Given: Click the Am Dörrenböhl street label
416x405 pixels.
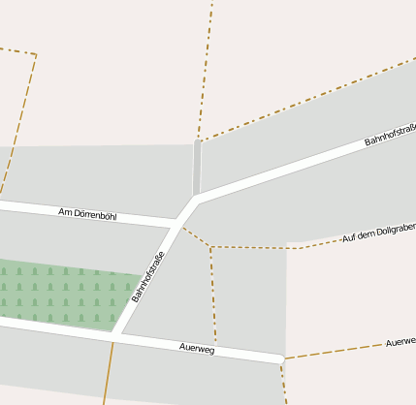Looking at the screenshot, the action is click(x=87, y=213).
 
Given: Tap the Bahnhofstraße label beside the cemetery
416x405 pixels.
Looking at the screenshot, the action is click(x=148, y=277).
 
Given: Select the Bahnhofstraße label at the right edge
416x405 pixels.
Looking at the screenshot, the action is click(x=390, y=136).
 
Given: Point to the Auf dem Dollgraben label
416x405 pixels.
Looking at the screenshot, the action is click(x=378, y=233).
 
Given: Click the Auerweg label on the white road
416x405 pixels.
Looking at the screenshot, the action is click(x=197, y=347).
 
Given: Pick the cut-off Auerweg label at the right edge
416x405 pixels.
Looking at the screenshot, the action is click(x=400, y=342).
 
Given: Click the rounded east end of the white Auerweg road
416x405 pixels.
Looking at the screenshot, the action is click(x=280, y=359).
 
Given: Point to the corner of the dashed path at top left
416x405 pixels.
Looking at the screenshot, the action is click(x=36, y=54).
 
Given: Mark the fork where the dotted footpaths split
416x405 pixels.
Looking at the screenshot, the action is click(x=209, y=247).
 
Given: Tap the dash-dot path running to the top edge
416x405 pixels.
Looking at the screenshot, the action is click(x=205, y=68).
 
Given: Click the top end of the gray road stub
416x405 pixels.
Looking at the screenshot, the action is click(x=198, y=142).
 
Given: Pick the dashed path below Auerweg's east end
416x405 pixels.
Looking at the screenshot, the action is click(x=284, y=383).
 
